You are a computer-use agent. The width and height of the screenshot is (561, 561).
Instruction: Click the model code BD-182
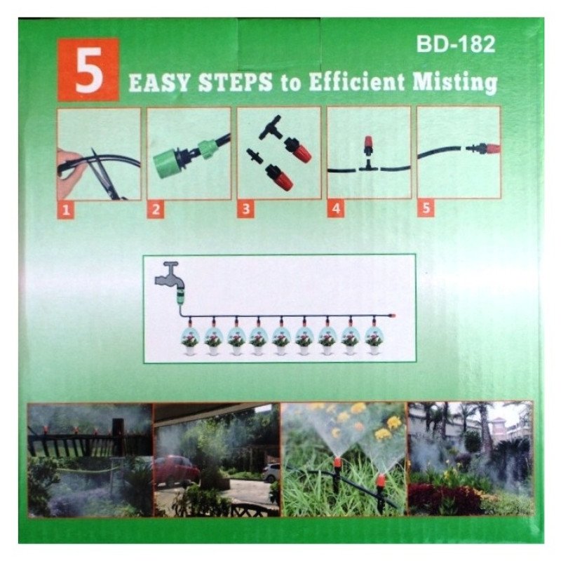click(x=455, y=45)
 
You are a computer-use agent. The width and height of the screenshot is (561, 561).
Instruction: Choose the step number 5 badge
click(x=424, y=208)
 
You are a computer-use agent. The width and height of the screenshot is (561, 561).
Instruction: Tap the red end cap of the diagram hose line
click(x=393, y=316)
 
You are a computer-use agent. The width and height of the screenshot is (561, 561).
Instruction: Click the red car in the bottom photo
click(x=173, y=469)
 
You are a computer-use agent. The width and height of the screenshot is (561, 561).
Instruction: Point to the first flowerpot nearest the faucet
click(x=191, y=340)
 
